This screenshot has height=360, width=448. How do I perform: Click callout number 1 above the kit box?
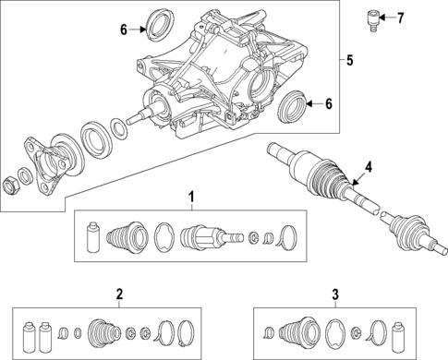[x=191, y=197]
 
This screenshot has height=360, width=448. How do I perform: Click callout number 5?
[x=348, y=61]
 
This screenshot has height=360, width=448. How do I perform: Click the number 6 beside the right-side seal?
[x=329, y=103]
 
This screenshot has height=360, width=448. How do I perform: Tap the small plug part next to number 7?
[x=375, y=19]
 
